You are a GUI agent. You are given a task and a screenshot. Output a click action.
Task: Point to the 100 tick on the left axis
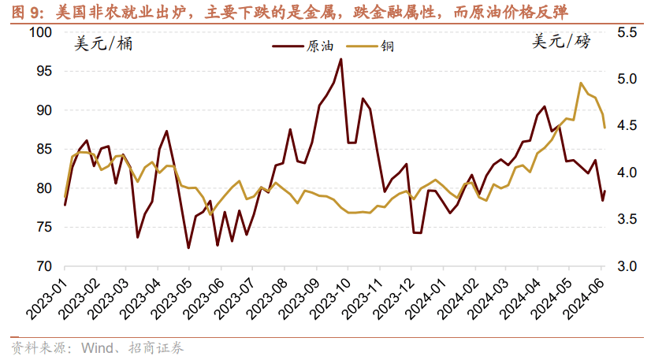coord(40,32)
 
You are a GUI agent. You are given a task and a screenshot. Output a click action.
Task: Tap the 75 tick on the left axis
coord(43,227)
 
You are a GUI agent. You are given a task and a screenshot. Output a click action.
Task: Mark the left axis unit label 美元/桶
coord(103,44)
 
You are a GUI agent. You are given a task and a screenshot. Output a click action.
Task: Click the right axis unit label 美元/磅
coord(560,43)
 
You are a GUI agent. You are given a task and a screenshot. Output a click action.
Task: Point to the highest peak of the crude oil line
coord(340,59)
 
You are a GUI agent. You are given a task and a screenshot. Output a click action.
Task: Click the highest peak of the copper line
coord(581,83)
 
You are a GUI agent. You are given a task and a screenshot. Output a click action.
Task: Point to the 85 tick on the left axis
coord(43,149)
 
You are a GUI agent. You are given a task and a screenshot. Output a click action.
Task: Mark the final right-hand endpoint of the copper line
coord(604,128)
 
